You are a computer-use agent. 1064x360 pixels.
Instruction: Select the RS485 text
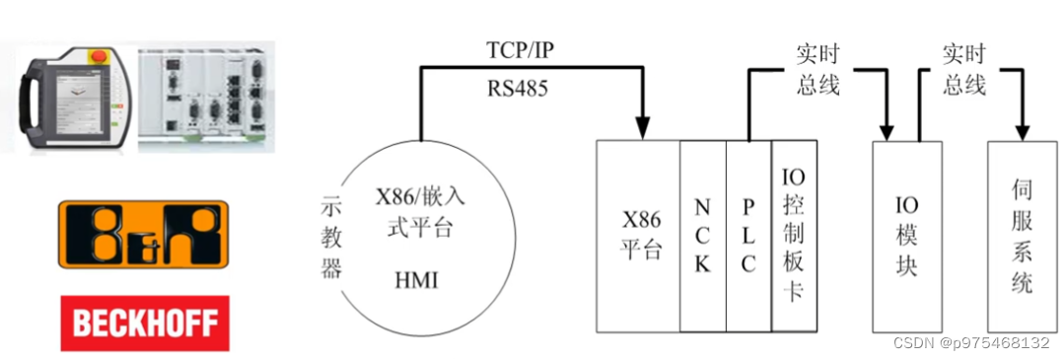(518, 88)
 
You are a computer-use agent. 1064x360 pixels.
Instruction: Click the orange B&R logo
(143, 234)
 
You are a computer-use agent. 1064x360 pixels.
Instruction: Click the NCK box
(703, 236)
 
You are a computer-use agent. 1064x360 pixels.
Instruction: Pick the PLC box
(748, 236)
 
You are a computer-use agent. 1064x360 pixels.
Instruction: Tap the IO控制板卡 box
(794, 236)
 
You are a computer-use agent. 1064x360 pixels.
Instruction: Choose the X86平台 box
(639, 236)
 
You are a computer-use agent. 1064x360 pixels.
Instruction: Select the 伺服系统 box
(1022, 236)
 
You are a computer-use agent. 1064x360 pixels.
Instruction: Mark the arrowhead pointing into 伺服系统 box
(1022, 129)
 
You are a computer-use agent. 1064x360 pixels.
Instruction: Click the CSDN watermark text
(970, 342)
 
